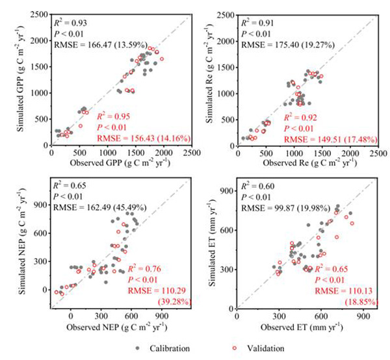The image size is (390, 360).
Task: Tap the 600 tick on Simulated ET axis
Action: [x=225, y=229]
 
